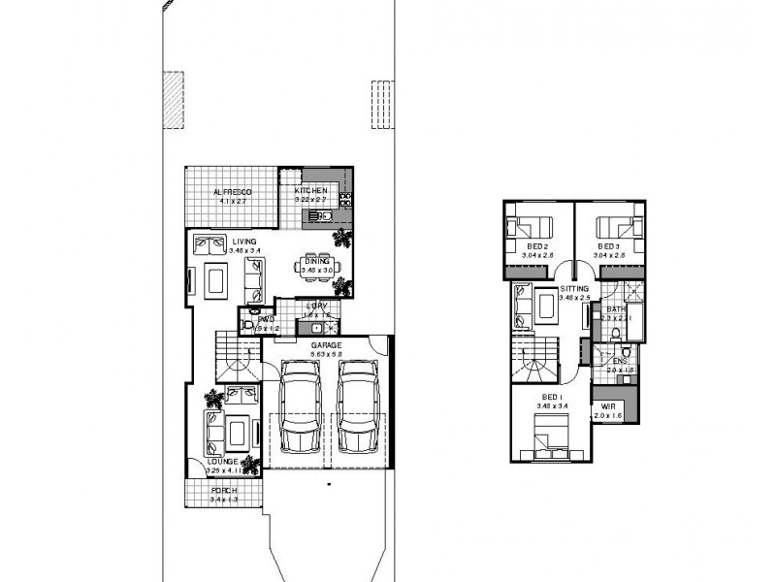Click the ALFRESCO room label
coord(233,192)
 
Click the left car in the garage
coord(300,406)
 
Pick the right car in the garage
coord(357,406)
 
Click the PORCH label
coord(224,490)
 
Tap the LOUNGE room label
coord(222,461)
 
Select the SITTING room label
coord(576,289)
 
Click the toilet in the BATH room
coord(618,334)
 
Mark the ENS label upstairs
coord(620,361)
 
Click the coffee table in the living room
coord(215,280)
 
